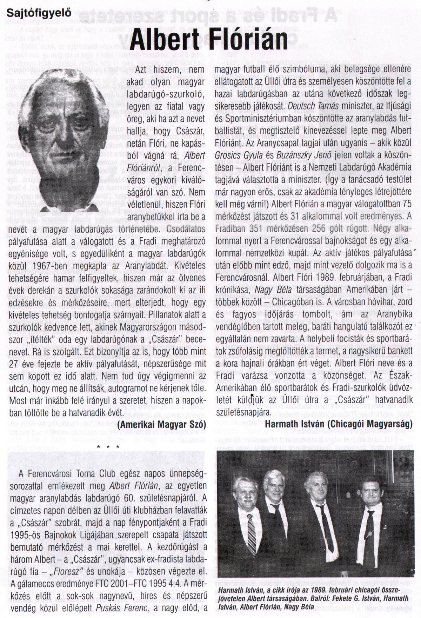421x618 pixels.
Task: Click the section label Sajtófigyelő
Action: [x=39, y=14]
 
